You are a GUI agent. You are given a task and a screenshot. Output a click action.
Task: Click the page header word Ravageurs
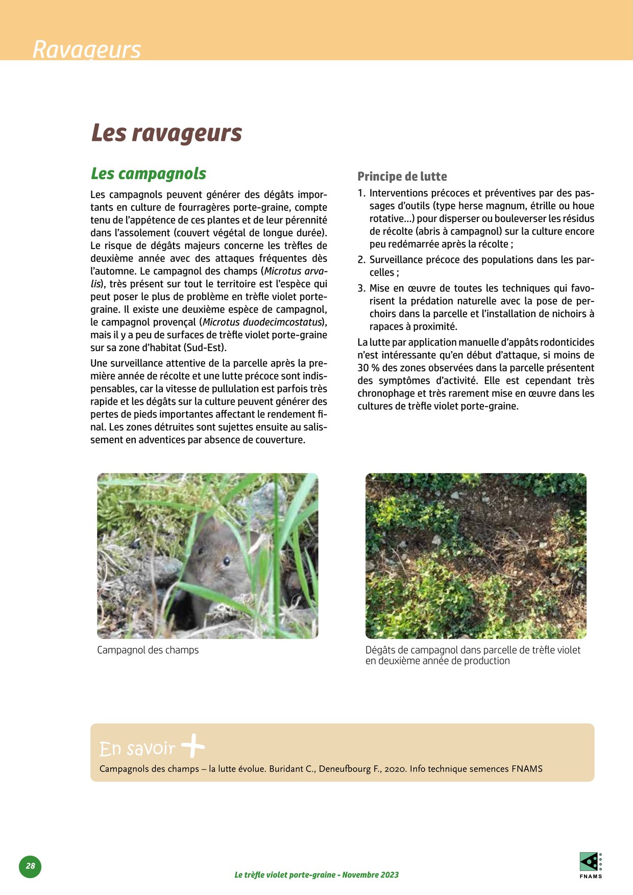(86, 50)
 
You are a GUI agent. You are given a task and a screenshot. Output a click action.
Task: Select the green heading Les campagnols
(148, 173)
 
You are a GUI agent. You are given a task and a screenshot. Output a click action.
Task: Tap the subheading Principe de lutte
(402, 177)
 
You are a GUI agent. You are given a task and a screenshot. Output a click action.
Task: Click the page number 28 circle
(30, 866)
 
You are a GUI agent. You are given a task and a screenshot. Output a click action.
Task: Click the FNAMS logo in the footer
(591, 864)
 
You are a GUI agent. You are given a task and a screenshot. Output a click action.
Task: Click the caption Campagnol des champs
(148, 650)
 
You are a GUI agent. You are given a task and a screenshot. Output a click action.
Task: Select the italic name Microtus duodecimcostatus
(262, 322)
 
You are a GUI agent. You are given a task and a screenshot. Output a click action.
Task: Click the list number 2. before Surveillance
(361, 260)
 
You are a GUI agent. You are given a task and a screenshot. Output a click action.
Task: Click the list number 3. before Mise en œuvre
(361, 288)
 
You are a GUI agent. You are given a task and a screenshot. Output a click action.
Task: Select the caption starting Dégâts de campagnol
(473, 655)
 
